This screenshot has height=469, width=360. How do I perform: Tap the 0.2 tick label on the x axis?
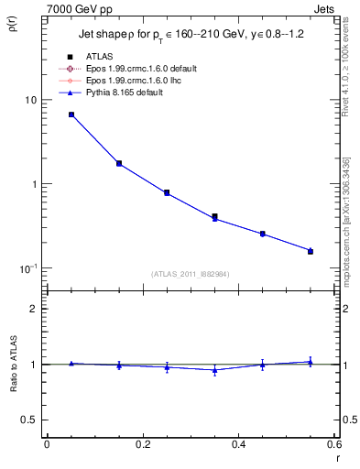click(142, 445)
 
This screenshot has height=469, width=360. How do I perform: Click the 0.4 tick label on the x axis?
click(238, 445)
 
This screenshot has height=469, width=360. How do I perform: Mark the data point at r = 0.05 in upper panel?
click(71, 115)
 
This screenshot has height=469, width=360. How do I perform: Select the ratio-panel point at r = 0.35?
click(214, 370)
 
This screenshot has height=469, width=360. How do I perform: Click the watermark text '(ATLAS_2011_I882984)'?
click(191, 274)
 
